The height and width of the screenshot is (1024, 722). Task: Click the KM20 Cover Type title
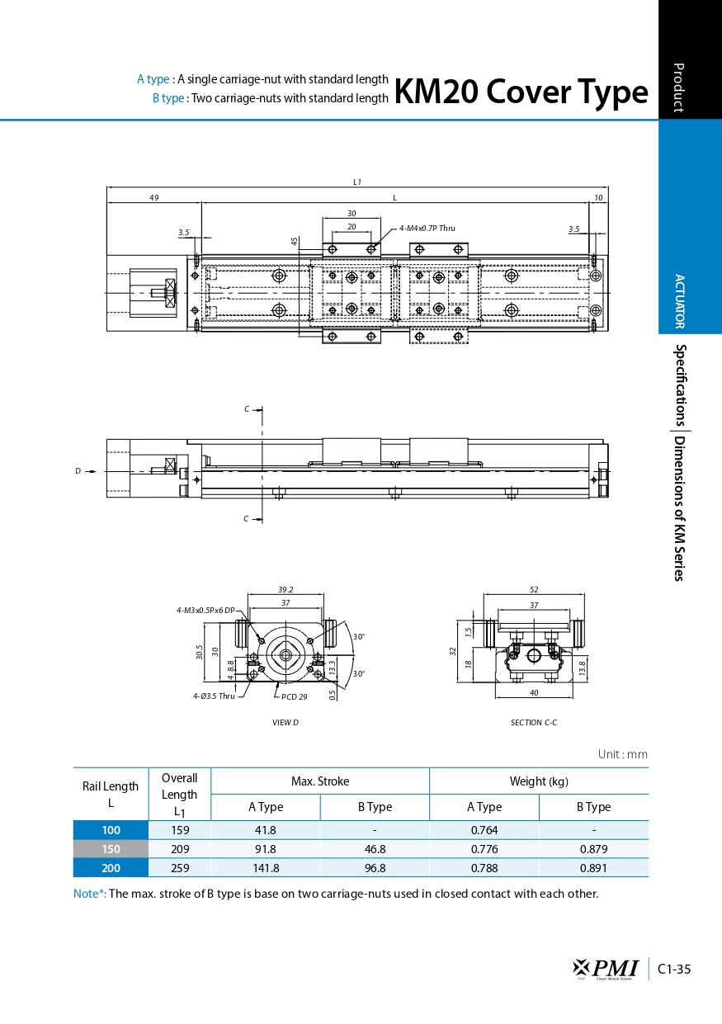point(521,92)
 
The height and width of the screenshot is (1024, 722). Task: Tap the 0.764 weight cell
point(484,830)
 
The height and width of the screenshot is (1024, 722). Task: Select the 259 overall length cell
point(179,867)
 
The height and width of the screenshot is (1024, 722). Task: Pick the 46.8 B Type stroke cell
point(374,849)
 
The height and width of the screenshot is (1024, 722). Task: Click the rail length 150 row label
point(111,849)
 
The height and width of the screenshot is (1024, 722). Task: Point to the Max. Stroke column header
point(319,781)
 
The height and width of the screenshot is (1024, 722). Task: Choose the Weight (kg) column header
point(539,781)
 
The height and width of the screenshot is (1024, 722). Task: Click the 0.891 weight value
point(593,867)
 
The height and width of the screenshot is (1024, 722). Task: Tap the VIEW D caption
point(285,723)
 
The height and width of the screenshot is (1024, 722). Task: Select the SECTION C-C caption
point(534,723)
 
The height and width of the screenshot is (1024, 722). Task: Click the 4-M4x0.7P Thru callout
point(427,228)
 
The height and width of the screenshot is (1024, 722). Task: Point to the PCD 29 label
point(294,696)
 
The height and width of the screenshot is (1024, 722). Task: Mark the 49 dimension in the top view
point(154,197)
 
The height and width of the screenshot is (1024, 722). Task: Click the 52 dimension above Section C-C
point(534,589)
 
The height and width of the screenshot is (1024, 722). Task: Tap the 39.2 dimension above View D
point(285,589)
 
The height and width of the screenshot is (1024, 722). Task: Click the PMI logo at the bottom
point(606,968)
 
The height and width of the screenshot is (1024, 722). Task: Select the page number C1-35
point(675,969)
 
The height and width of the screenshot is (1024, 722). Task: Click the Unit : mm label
point(622,754)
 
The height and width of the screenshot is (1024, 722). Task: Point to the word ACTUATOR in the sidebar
point(679,301)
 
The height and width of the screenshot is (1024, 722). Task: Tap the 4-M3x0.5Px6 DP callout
point(205,610)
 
